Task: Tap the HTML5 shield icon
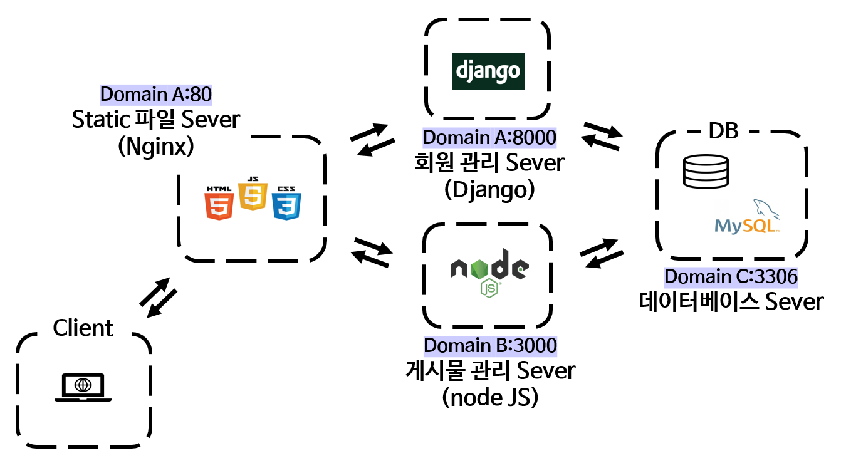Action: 219,203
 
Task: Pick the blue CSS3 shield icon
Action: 287,203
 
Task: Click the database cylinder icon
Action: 706,172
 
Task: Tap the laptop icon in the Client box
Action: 83,388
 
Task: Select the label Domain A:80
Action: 156,95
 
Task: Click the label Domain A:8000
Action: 489,137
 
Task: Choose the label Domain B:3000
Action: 490,345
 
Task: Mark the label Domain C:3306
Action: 731,276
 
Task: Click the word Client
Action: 83,328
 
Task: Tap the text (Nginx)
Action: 155,147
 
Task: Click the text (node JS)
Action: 490,397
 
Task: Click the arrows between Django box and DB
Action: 602,135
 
